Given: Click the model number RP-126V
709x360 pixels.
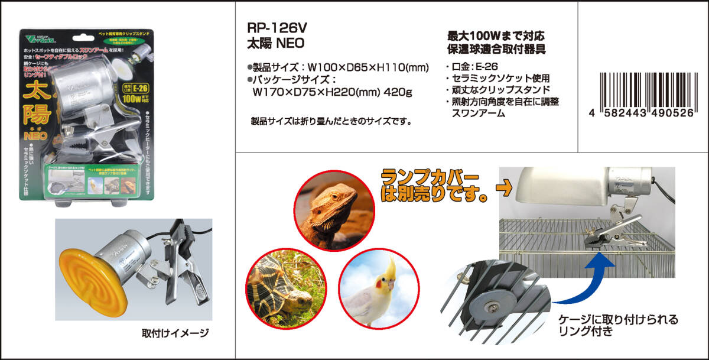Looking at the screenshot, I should [x=277, y=28].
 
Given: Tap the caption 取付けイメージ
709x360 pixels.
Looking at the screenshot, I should [x=175, y=334].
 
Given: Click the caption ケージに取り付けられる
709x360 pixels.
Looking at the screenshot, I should [x=618, y=320].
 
